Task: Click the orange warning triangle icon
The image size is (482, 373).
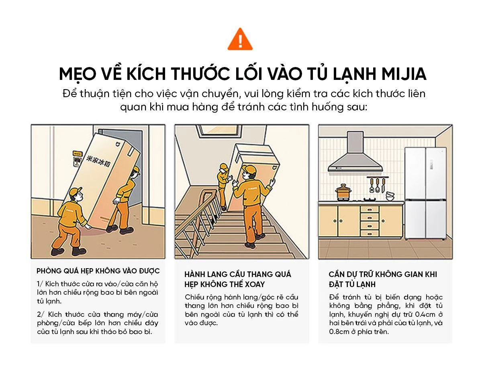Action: [x=240, y=40]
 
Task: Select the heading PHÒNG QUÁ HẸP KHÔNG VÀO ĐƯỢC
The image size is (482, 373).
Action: [x=98, y=271]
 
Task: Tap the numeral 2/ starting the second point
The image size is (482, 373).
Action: [x=40, y=314]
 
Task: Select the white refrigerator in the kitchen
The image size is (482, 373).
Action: [x=425, y=194]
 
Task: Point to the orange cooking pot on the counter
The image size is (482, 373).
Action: [x=343, y=192]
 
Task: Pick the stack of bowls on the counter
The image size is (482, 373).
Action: [x=390, y=196]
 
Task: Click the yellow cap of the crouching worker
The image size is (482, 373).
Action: [x=75, y=192]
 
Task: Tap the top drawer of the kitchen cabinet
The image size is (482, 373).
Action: [x=370, y=209]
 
